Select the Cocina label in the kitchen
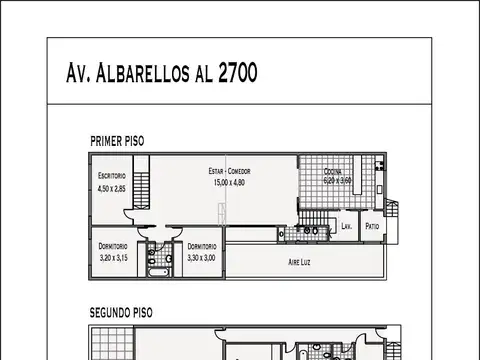(x=333, y=171)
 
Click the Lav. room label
(x=345, y=226)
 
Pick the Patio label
(x=371, y=226)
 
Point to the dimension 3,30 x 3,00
(x=201, y=257)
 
